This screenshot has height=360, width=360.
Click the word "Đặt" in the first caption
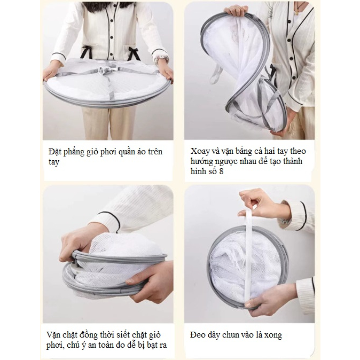click(54, 152)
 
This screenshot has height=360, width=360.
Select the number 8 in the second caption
click(221, 171)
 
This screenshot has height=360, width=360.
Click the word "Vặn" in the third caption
click(54, 334)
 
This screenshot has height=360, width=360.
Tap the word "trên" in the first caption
click(155, 152)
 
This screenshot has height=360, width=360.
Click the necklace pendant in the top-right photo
click(297, 12)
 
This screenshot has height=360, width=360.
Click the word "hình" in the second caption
click(198, 171)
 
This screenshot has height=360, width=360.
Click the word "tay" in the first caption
click(54, 162)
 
